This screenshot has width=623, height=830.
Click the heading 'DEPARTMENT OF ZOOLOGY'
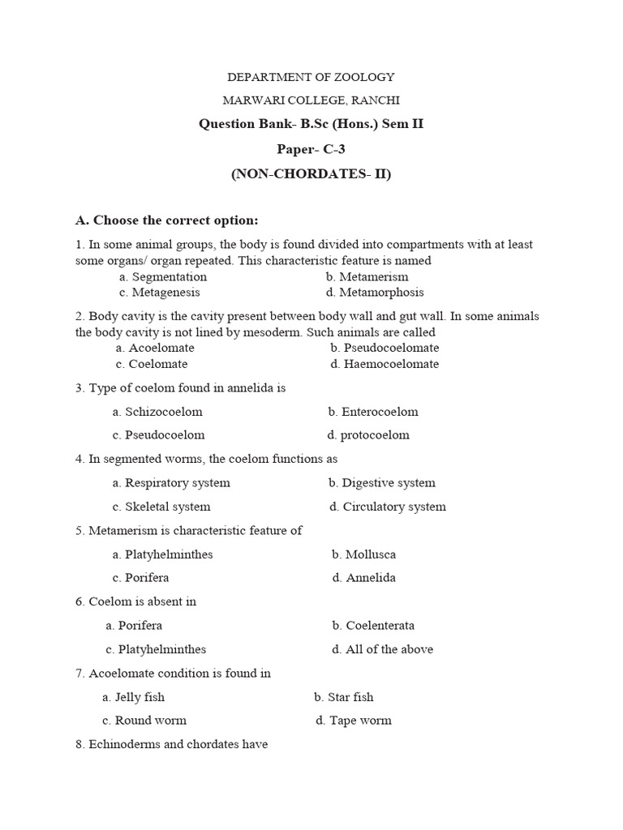click(311, 77)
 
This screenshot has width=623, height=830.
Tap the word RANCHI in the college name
click(376, 101)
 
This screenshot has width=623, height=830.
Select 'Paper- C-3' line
click(311, 149)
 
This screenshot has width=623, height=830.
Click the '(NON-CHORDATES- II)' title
click(311, 173)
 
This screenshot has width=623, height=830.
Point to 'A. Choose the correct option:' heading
click(166, 220)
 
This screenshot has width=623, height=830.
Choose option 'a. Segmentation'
click(162, 277)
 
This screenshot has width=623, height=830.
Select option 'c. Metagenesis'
click(159, 293)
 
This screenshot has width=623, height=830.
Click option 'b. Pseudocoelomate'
click(385, 348)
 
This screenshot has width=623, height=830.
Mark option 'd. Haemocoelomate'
click(385, 364)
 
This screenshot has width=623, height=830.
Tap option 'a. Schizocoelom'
click(157, 412)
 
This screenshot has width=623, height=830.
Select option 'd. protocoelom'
click(369, 435)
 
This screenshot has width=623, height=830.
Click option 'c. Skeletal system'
click(161, 507)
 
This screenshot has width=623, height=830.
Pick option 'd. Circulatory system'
click(387, 507)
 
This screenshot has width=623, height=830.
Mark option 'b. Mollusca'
click(363, 554)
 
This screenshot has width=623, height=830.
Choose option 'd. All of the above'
click(382, 649)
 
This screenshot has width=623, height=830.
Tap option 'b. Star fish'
click(344, 697)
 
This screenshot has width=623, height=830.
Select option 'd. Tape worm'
click(354, 721)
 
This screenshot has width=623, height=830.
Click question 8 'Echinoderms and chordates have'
click(171, 744)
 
